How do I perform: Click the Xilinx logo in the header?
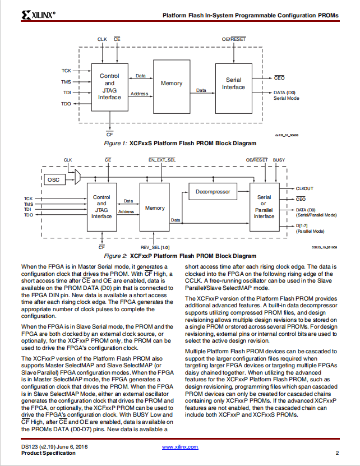pos(38,15)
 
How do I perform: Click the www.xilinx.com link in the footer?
pos(180,447)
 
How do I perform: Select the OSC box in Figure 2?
pos(55,179)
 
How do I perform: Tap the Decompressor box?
pos(213,192)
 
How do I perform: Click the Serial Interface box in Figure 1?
pos(234,88)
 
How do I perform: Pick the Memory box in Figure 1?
pos(172,86)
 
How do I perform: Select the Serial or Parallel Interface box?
pos(264,207)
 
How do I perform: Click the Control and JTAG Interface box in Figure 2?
pos(101,207)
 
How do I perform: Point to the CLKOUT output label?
pos(304,188)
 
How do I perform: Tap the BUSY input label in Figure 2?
pos(279,160)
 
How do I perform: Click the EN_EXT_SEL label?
pos(162,160)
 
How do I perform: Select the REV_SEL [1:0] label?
pos(155,247)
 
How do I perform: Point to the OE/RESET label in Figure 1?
pos(234,39)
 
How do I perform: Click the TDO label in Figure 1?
pos(66,104)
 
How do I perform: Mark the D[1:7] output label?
pos(302,226)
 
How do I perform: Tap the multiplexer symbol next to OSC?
pos(77,177)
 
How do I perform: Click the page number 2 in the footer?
pos(337,453)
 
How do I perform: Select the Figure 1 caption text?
pos(180,143)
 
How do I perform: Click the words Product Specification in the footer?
pos(48,453)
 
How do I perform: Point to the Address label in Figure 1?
pos(139,94)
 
